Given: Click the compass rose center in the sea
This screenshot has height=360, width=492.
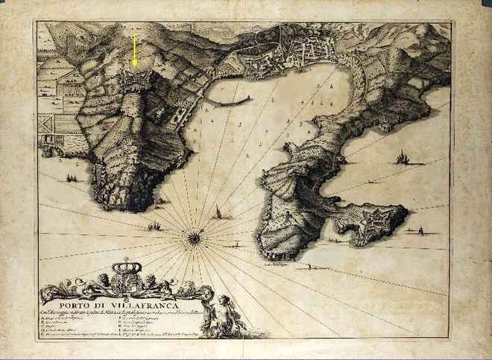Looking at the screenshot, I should (x=192, y=239).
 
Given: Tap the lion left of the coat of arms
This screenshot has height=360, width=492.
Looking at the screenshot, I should (x=100, y=282).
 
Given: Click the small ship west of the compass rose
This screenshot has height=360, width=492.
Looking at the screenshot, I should (x=154, y=225).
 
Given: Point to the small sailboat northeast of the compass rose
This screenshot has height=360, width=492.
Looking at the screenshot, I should (x=218, y=214).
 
